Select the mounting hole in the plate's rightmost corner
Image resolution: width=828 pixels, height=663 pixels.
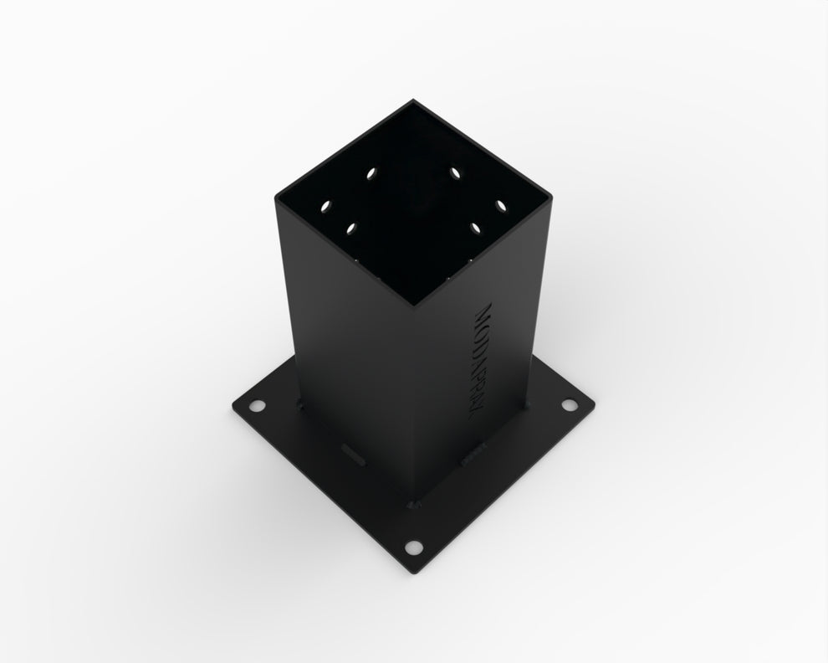[x=570, y=405]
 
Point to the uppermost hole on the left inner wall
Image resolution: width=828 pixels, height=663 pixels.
[x=371, y=174]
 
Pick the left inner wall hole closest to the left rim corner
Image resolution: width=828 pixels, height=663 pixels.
[x=325, y=204]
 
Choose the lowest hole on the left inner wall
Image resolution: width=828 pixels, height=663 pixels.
[x=350, y=227]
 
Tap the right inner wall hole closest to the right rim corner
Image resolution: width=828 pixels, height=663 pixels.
[x=501, y=204]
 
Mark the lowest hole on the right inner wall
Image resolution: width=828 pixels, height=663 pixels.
[x=477, y=227]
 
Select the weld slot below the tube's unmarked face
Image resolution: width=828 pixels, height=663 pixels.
[x=353, y=458]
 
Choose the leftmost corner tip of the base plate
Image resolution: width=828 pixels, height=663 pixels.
[x=227, y=407]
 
